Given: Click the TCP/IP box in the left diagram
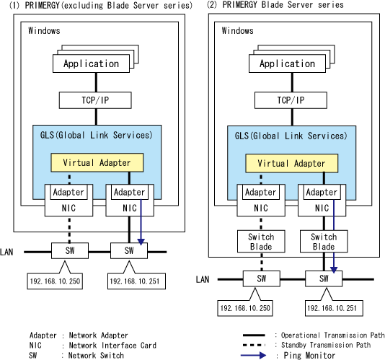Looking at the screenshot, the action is tap(95, 100).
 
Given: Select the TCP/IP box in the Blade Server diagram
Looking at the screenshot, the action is tap(291, 100).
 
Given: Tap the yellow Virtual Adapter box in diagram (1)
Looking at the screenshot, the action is tap(97, 162).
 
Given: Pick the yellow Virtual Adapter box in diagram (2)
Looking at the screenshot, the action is tap(292, 164).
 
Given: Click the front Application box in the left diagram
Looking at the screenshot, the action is tap(91, 63).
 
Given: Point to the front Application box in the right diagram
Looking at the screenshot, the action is tap(287, 63).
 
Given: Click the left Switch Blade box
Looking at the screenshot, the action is tap(261, 241).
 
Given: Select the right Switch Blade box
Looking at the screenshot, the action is tap(324, 241).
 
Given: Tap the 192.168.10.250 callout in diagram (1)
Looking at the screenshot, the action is tap(55, 281).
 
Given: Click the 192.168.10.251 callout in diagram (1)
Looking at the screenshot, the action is tap(136, 281).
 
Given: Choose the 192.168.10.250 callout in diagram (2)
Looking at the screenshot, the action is tap(245, 308).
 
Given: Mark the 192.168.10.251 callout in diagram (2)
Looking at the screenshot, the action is tap(334, 308).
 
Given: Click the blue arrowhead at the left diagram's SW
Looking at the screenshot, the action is tap(141, 242).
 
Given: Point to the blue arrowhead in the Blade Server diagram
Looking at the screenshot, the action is tap(333, 270).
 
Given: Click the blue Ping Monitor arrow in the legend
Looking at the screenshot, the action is tap(253, 355).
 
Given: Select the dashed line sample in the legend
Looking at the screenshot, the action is tap(254, 345).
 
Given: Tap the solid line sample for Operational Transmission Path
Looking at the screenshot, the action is tap(254, 335).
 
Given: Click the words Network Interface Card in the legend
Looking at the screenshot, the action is tap(112, 346).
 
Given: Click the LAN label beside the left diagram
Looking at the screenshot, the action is tap(6, 252).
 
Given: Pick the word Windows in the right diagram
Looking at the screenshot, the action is tap(237, 30).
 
